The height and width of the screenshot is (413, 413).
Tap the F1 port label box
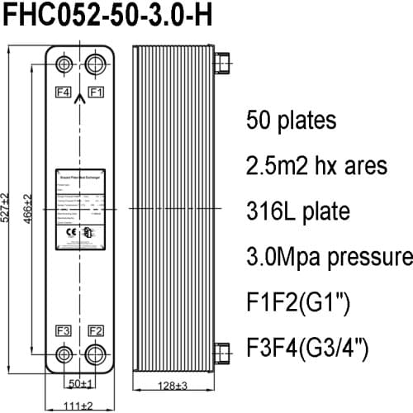(97, 91)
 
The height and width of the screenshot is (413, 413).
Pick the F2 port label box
(97, 330)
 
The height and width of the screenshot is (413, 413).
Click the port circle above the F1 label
(97, 64)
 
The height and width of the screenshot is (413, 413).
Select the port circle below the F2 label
(97, 356)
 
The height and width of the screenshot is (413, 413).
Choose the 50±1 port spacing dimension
(80, 384)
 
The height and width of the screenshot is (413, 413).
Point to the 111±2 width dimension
(80, 405)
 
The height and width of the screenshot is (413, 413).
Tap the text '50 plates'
(291, 121)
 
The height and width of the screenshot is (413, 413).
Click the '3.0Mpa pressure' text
(329, 255)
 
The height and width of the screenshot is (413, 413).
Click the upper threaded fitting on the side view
(221, 64)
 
